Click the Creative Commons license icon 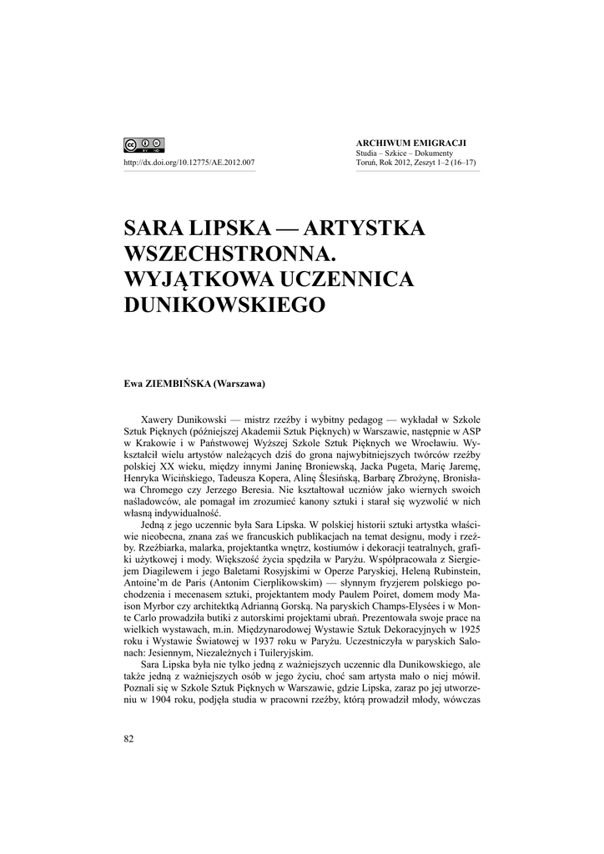[143, 144]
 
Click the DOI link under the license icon [189, 163]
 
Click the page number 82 [128, 737]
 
